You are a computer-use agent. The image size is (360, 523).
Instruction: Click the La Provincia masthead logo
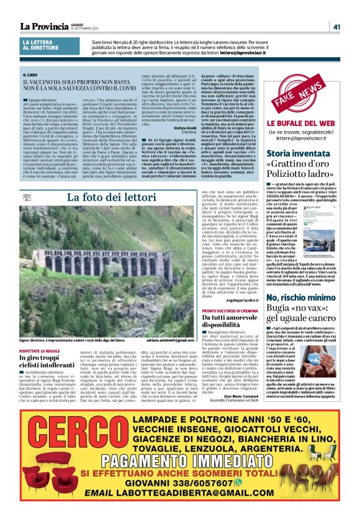(44, 26)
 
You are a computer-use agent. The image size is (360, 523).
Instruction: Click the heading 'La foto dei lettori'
(103, 198)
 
